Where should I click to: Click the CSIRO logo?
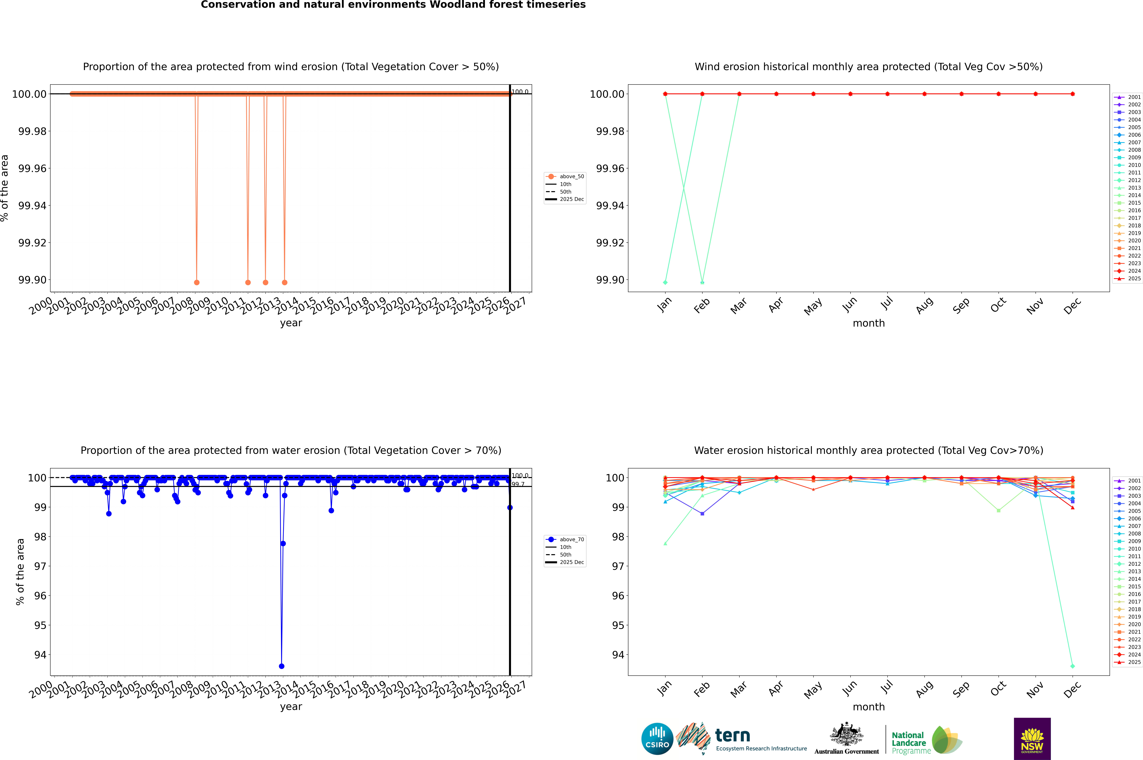tap(657, 739)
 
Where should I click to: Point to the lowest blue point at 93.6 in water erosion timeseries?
tap(281, 666)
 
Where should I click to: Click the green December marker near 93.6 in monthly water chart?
tap(1072, 666)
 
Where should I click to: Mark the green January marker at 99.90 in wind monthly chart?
tap(665, 282)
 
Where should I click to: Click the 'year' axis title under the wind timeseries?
tap(291, 323)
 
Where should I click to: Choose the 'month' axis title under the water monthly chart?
tap(868, 707)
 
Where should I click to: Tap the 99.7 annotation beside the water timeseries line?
tap(518, 484)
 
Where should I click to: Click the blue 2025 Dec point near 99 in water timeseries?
tap(510, 508)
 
